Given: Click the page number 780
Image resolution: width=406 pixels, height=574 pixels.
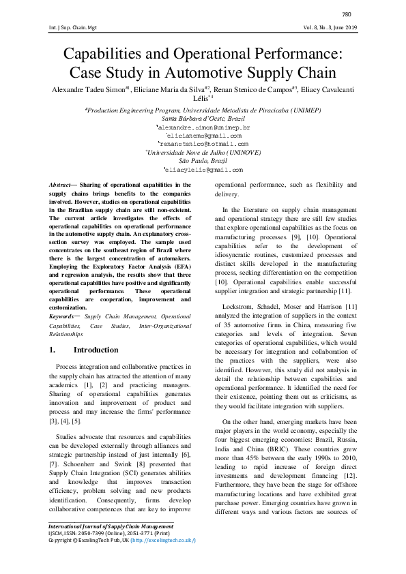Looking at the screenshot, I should pyautogui.click(x=346, y=14).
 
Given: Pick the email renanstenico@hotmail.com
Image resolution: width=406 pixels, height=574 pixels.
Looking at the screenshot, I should pyautogui.click(x=203, y=144).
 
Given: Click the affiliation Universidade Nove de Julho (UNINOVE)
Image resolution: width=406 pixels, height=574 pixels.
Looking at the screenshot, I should pyautogui.click(x=203, y=152).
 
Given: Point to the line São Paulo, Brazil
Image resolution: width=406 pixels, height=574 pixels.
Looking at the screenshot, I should pyautogui.click(x=203, y=160).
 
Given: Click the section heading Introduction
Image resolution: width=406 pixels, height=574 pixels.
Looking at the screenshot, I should pyautogui.click(x=96, y=350).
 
